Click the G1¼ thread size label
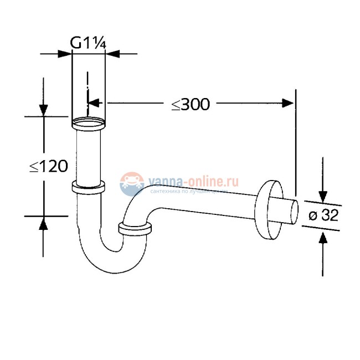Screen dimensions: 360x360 [x=88, y=42]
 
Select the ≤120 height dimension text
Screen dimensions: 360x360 [x=48, y=166]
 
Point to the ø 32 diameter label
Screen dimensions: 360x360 [x=323, y=216]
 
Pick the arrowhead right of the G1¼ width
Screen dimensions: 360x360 [x=111, y=54]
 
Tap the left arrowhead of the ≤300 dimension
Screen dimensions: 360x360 [x=94, y=103]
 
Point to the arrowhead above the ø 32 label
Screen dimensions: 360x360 [x=323, y=195]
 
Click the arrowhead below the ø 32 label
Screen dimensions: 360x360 [x=323, y=238]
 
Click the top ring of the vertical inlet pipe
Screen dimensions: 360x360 [x=89, y=121]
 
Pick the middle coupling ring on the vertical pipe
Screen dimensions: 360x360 [x=89, y=187]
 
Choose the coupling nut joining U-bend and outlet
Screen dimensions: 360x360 [x=135, y=228]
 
